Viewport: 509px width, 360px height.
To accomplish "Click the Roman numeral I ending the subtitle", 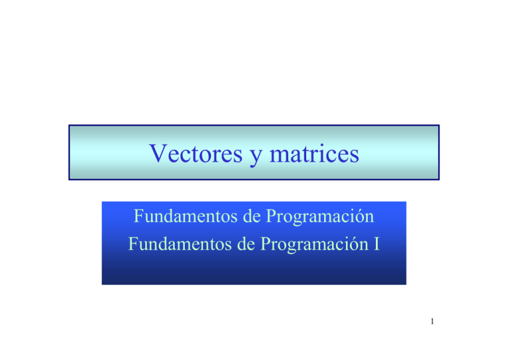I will [x=376, y=245].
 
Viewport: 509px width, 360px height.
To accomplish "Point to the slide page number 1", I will [x=431, y=324].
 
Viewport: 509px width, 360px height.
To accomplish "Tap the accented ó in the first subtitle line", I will [x=359, y=217].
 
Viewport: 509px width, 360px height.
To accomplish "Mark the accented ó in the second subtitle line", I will [x=355, y=245].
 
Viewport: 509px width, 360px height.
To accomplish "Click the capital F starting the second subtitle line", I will [x=134, y=245].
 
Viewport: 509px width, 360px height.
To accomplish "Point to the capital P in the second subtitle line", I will [x=262, y=245].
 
